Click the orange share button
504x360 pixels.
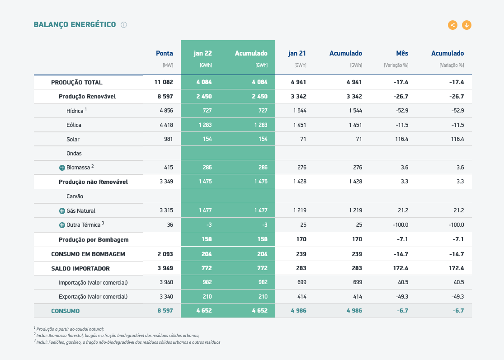point(452,25)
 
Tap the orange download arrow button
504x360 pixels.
point(467,25)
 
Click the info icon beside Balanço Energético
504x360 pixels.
point(124,25)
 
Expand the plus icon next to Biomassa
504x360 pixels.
point(62,168)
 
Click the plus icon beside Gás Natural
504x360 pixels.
point(62,211)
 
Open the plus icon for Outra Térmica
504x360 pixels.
point(62,225)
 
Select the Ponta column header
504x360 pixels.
point(164,53)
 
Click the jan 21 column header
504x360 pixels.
point(297,53)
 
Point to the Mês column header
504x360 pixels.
point(402,53)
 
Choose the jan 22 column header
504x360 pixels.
point(203,53)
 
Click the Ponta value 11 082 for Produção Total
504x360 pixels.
point(164,82)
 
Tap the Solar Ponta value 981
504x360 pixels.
point(169,139)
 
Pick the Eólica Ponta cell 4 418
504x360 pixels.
point(166,125)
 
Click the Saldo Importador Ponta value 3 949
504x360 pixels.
point(165,268)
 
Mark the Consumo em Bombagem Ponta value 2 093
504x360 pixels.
point(165,254)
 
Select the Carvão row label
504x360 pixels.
point(75,196)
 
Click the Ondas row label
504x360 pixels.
point(74,154)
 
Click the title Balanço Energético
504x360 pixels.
point(75,25)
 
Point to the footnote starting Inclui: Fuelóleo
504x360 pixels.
point(127,342)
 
